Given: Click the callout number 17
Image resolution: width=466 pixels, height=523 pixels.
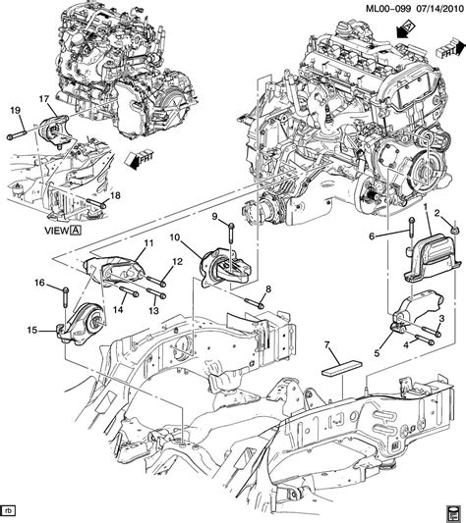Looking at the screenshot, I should click(x=43, y=98).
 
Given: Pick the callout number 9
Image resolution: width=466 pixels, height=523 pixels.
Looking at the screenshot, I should click(x=214, y=217).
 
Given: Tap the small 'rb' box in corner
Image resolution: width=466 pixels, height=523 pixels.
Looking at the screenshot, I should click(x=9, y=509).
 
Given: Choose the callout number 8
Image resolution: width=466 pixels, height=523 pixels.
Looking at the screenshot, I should click(x=267, y=288).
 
